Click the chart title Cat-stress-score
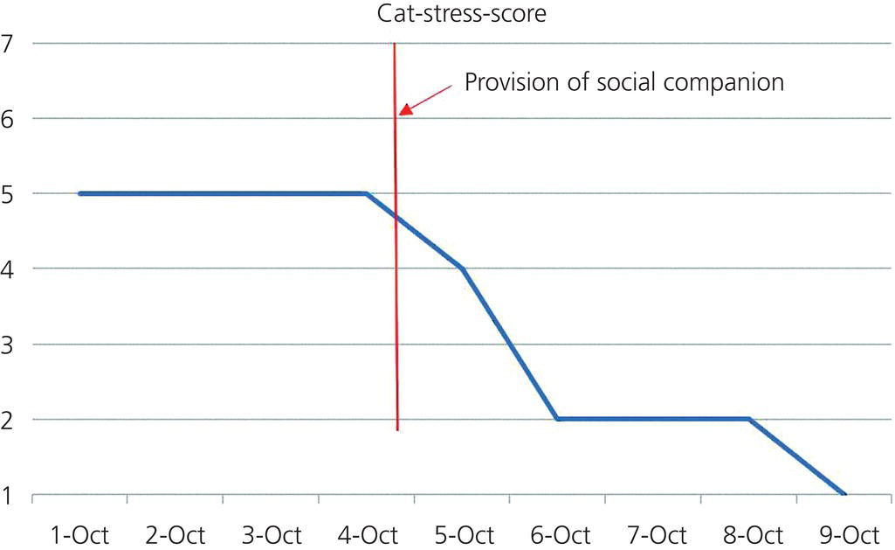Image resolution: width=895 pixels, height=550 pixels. [x=462, y=14]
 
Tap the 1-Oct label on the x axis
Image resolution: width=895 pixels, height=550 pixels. [x=79, y=533]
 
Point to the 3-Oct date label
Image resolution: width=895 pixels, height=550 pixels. [x=270, y=533]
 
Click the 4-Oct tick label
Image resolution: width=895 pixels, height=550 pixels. [x=366, y=533]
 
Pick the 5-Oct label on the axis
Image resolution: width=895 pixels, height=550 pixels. [x=462, y=533]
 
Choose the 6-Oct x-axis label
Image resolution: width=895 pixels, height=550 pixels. [x=558, y=533]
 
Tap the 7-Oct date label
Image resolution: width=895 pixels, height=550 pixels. [x=654, y=533]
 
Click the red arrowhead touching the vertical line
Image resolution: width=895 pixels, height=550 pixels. [x=405, y=109]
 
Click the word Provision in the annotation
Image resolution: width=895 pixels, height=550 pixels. [x=507, y=83]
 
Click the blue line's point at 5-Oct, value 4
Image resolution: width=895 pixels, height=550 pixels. [x=462, y=268]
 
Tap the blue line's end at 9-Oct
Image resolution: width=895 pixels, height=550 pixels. [x=844, y=494]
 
